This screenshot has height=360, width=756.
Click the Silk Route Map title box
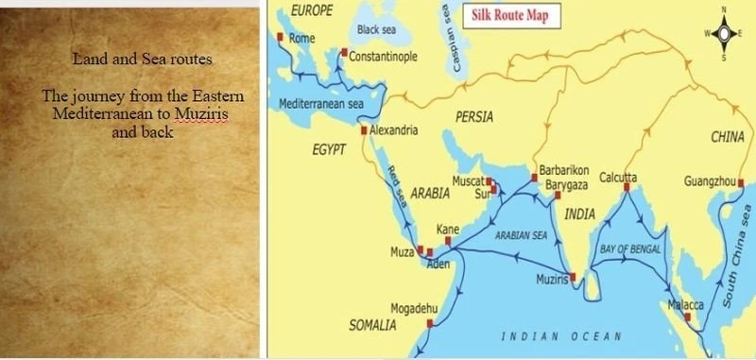point(509,16)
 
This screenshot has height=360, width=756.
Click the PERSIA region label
point(473,118)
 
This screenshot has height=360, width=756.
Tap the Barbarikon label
point(564,172)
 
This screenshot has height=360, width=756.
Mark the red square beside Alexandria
point(364,130)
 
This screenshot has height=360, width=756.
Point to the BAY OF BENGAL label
point(630,249)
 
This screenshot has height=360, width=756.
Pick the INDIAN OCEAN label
point(561,336)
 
